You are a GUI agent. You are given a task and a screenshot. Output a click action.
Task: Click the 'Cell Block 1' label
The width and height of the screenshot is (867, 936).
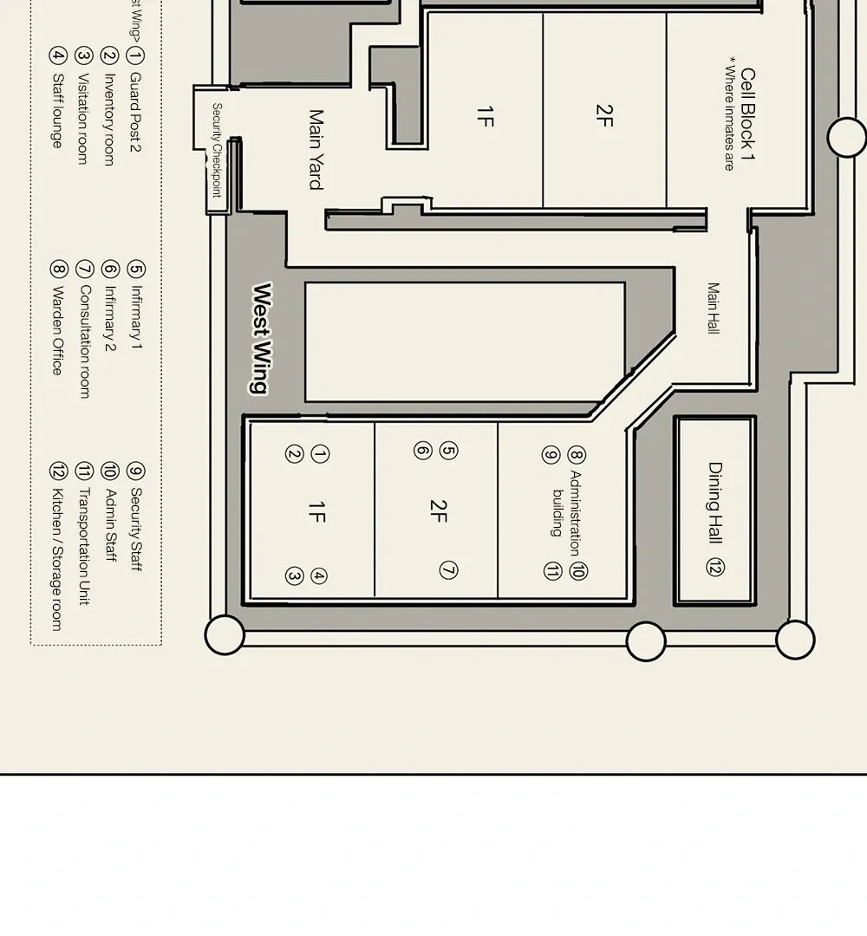coord(748,114)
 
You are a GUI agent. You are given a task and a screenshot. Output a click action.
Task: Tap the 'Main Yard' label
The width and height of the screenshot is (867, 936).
coord(316,150)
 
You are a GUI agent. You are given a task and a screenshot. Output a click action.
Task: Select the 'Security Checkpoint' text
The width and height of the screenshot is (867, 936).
coord(217,150)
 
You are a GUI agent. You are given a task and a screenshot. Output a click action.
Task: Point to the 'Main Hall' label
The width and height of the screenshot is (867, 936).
coord(714,309)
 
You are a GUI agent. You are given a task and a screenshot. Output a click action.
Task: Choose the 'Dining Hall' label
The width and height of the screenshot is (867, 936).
coord(715,503)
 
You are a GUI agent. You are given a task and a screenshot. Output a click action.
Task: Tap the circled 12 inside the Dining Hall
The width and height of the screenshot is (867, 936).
coord(715,567)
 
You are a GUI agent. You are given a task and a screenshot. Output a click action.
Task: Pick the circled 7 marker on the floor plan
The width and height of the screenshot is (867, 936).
coord(448,570)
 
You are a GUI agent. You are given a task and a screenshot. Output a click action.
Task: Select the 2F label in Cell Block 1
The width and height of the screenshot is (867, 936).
coord(604,115)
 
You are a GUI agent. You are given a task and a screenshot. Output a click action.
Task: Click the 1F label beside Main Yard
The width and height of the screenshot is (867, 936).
coord(486,116)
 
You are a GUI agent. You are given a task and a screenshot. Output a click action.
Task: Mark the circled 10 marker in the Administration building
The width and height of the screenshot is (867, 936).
coord(578,571)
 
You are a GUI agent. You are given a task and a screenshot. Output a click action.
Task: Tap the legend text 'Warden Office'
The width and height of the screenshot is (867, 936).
coord(57,331)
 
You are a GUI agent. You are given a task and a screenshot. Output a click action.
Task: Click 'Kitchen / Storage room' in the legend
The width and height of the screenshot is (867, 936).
coord(56,559)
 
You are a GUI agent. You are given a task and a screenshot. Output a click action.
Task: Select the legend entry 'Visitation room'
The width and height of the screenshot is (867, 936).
coord(83,119)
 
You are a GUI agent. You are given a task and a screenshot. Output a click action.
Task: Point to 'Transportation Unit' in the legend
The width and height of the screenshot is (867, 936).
coord(83,546)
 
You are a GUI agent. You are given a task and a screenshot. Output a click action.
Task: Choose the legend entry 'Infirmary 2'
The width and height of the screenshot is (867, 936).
coord(109,318)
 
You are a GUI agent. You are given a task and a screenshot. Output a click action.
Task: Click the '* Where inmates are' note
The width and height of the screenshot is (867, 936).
coord(730,114)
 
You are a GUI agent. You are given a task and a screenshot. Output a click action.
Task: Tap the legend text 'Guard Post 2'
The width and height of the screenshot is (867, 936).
coord(135,112)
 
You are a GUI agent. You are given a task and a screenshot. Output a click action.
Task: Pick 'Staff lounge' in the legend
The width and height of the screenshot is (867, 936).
coord(57,110)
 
